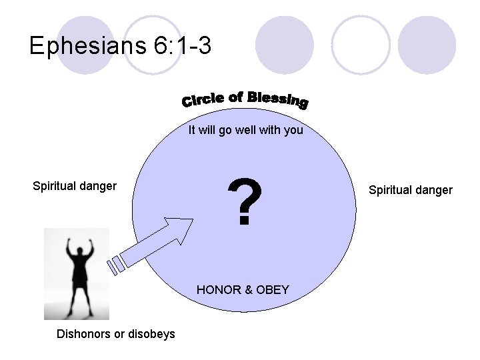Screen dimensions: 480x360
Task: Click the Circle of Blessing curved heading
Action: pos(245,99)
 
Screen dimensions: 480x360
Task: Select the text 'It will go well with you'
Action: pos(245,130)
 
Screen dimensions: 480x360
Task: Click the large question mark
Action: pos(245,201)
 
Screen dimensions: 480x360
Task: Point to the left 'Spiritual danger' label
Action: pos(75,186)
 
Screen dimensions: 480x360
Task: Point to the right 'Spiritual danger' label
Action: pos(411,190)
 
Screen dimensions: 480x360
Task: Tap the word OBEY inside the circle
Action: pos(273,289)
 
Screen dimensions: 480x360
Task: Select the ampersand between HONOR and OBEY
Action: pos(248,289)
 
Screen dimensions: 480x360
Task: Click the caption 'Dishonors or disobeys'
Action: pos(117,333)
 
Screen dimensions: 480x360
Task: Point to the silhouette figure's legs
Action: pos(78,300)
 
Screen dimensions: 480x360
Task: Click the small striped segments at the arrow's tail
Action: pos(116,265)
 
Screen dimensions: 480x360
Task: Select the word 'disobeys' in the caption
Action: pos(153,333)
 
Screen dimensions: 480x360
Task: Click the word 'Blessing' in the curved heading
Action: pos(277,99)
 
